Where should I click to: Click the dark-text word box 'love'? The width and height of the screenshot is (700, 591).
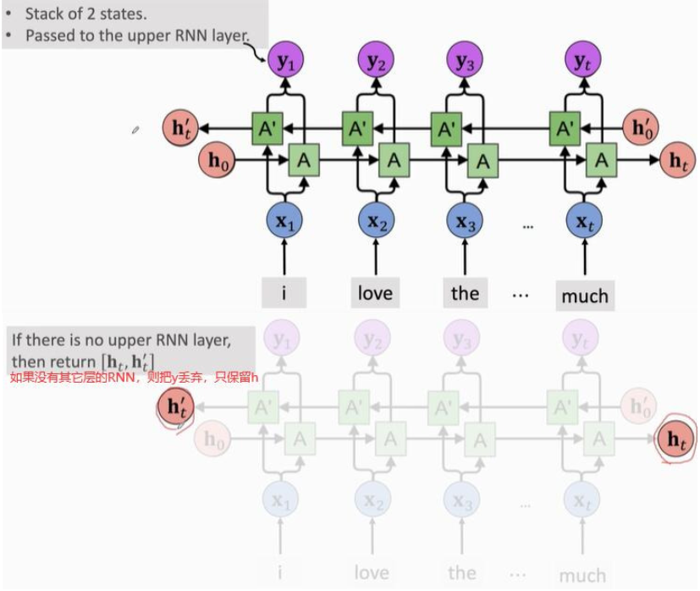coord(375,293)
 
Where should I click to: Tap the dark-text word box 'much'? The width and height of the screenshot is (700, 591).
coord(584,295)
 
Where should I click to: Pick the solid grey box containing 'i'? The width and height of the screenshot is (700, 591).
coord(284,293)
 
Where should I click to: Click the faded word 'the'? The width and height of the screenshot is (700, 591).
coord(462,573)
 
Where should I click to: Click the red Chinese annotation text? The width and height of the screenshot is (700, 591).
coord(134,378)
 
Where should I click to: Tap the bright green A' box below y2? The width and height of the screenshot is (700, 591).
coord(357,129)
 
